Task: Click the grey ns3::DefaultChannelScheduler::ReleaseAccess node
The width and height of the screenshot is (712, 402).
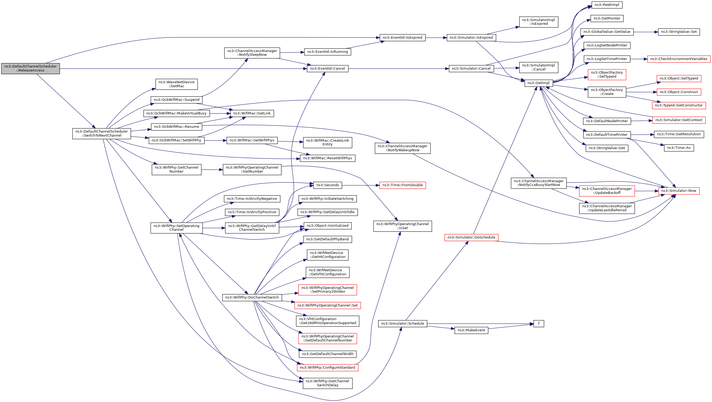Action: [x=30, y=68]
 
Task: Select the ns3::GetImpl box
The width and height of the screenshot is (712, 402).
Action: [x=538, y=83]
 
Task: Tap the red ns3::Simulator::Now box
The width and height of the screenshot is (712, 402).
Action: [x=679, y=191]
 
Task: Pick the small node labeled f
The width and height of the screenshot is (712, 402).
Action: [x=538, y=323]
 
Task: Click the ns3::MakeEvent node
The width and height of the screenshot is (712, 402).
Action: [x=471, y=330]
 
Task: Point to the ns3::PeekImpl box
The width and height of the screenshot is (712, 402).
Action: [x=607, y=5]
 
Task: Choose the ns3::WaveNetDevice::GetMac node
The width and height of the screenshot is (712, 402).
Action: [x=176, y=84]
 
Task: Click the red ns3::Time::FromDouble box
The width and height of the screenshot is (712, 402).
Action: [x=402, y=185]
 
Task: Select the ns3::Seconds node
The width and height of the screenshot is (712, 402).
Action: [x=327, y=185]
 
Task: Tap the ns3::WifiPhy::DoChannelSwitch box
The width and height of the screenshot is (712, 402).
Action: [x=252, y=297]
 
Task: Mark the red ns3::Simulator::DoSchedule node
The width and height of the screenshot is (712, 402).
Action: [x=471, y=237]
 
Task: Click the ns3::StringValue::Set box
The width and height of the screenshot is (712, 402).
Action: [x=679, y=32]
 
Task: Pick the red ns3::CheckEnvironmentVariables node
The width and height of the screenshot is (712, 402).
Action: [x=679, y=59]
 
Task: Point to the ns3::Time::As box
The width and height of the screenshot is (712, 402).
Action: [x=679, y=148]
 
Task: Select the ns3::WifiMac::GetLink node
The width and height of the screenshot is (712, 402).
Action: [x=252, y=113]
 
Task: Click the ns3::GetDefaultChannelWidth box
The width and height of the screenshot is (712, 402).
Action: [x=327, y=354]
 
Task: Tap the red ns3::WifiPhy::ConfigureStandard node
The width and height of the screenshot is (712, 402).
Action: [x=327, y=367]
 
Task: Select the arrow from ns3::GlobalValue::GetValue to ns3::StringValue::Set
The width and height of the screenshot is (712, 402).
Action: [x=645, y=32]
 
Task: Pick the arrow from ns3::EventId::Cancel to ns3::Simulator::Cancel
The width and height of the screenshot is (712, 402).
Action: [x=398, y=69]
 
